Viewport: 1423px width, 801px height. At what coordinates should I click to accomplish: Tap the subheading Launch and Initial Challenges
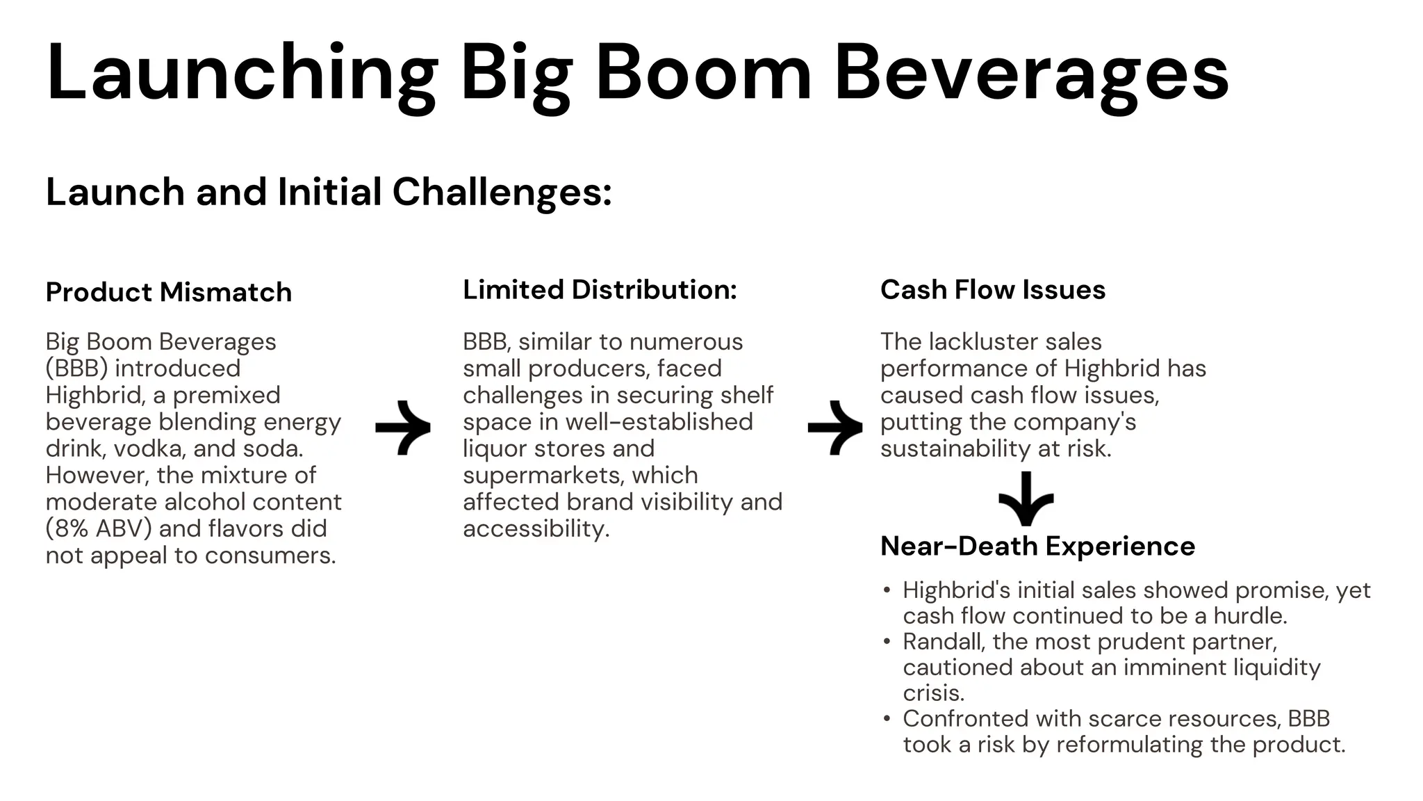coord(328,192)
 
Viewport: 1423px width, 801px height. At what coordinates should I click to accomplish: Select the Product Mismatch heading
coord(168,292)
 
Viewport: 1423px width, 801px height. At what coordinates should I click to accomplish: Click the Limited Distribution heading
coord(599,289)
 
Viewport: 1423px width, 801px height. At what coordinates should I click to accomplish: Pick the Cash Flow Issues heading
coord(992,289)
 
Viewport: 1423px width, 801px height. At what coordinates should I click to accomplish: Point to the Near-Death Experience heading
coord(1037,546)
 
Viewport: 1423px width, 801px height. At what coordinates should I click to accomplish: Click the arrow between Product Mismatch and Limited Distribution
coord(403,428)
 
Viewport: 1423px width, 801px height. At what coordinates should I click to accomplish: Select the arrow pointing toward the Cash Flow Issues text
coord(835,428)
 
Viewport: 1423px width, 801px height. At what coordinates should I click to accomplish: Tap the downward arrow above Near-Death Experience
coord(1026,499)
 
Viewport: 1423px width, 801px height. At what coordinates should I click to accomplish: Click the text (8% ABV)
coord(98,528)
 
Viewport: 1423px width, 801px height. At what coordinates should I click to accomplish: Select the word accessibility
coord(535,528)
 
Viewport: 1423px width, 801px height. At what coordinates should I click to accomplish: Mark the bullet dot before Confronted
coord(887,718)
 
